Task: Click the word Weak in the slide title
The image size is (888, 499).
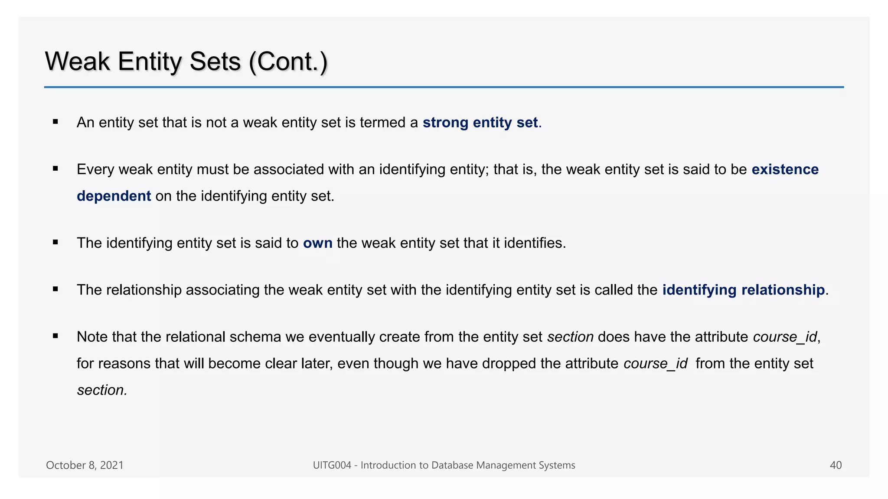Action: pos(78,62)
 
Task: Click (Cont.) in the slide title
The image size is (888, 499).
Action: pos(288,62)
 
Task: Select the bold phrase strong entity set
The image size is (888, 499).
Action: pos(480,123)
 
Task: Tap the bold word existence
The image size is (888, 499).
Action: pos(785,169)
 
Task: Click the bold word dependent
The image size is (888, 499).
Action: pos(114,196)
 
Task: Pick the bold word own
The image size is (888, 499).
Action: pos(317,243)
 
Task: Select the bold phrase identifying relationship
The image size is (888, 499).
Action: pos(743,290)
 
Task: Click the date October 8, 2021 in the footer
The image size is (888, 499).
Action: pos(85,465)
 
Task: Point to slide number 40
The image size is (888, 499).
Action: pos(836,465)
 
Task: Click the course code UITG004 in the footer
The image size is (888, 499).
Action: pos(332,465)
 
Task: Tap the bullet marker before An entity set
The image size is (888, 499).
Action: pos(55,122)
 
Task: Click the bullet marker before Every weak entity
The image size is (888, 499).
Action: pos(55,169)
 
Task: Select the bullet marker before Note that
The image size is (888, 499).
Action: pos(55,336)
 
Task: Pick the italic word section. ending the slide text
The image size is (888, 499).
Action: pos(102,390)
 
